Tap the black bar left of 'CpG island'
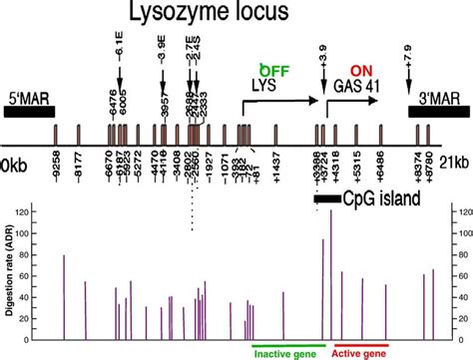point(326,199)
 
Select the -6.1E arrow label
point(119,46)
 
